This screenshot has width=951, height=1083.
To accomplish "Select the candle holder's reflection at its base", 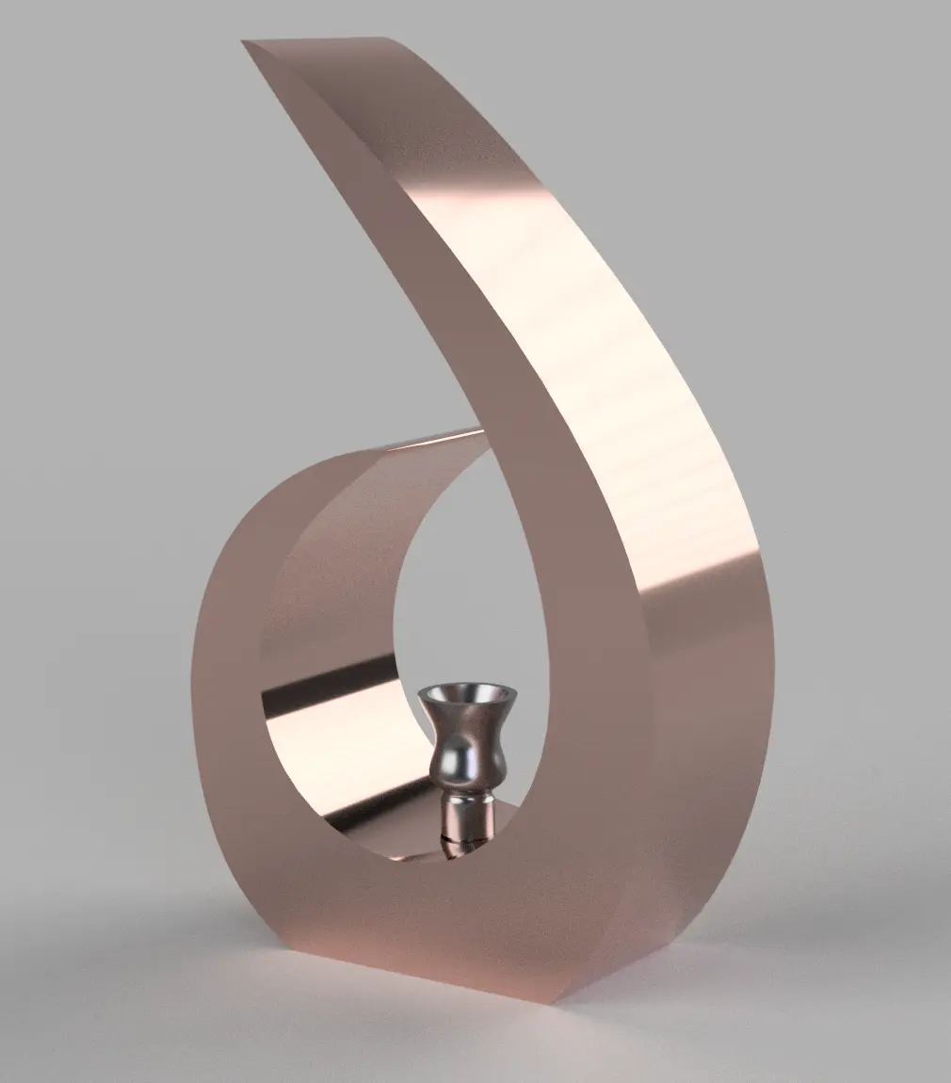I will (452, 849).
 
